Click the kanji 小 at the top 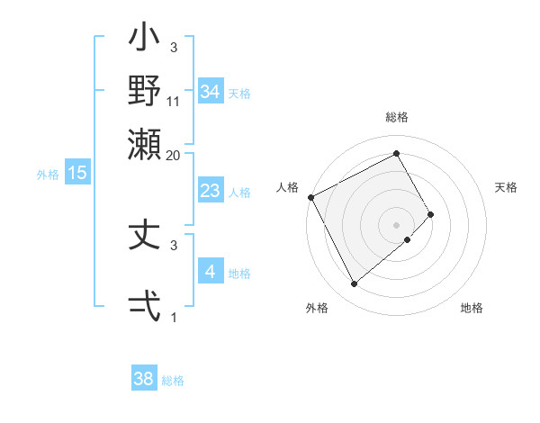145,41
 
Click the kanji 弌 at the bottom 145,305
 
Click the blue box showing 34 210,92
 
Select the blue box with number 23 210,192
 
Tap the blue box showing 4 210,272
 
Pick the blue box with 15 77,173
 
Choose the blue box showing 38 144,379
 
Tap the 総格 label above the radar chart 397,118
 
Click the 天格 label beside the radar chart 506,187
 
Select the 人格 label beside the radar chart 288,187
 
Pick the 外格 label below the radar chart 317,308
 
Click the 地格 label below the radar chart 472,308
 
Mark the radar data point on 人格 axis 310,197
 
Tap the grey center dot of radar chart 397,224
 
